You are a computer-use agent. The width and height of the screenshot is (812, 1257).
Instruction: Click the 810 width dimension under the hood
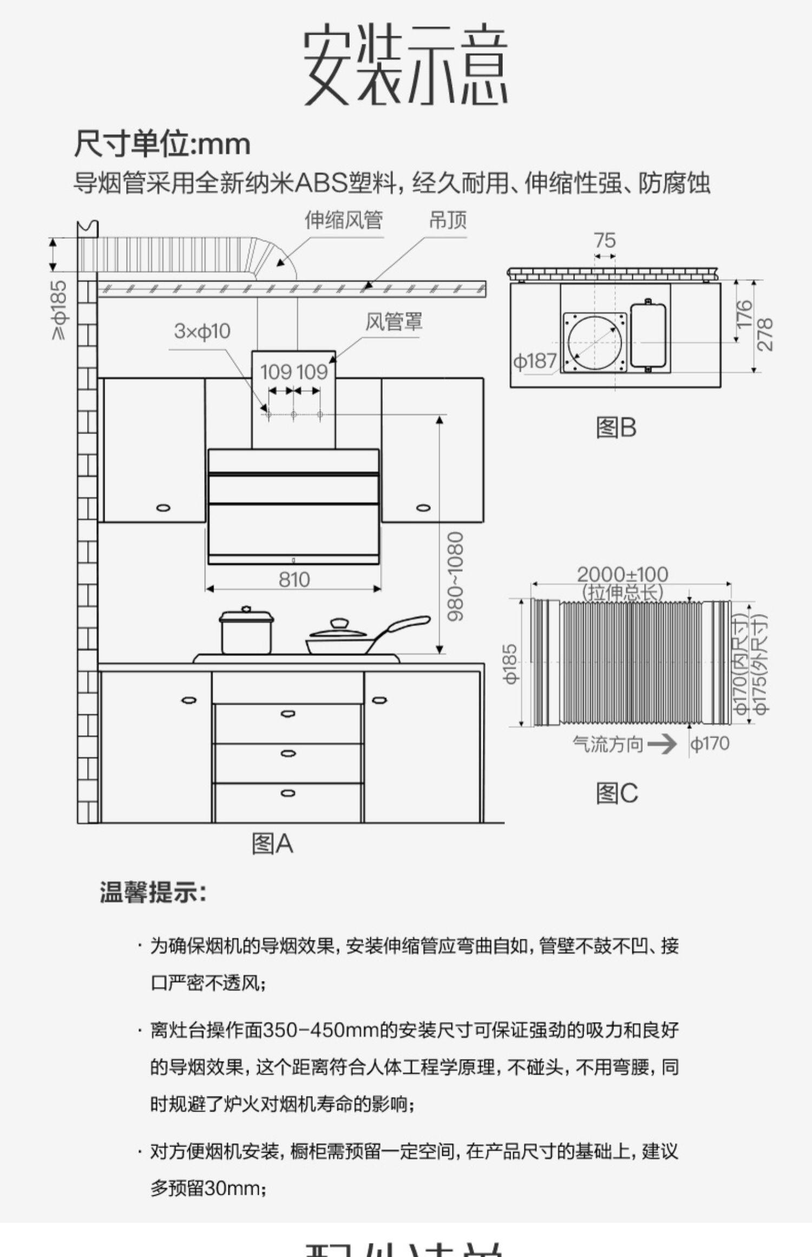click(x=294, y=580)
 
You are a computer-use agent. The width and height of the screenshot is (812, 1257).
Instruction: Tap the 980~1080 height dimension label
click(x=455, y=576)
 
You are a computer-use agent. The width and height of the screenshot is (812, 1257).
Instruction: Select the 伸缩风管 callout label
click(x=343, y=220)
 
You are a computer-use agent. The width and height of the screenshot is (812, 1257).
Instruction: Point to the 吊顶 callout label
click(x=448, y=220)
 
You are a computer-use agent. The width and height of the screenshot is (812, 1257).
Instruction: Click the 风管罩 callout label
click(x=394, y=322)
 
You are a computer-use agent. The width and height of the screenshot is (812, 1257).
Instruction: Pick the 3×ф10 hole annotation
click(x=202, y=331)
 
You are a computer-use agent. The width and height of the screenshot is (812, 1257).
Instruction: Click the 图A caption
click(x=272, y=843)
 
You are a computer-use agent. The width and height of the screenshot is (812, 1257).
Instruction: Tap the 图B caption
click(x=616, y=428)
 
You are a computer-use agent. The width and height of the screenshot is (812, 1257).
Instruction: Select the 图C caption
click(x=617, y=794)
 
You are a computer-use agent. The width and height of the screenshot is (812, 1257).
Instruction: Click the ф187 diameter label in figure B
click(x=534, y=361)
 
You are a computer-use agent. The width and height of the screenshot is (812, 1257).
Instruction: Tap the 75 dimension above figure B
click(x=604, y=240)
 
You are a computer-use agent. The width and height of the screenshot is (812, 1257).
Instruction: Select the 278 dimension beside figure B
click(x=765, y=334)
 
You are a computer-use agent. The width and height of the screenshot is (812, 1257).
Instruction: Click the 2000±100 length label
click(x=623, y=574)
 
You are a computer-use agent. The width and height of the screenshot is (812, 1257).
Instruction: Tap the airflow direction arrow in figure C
click(x=662, y=744)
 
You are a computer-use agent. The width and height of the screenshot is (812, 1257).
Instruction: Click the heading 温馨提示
click(x=153, y=892)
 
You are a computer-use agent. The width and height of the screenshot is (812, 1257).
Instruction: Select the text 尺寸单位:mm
click(x=162, y=144)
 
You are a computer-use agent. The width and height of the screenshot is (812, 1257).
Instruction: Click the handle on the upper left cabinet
click(x=163, y=508)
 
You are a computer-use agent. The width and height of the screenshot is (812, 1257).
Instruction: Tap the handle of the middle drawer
click(x=288, y=754)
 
